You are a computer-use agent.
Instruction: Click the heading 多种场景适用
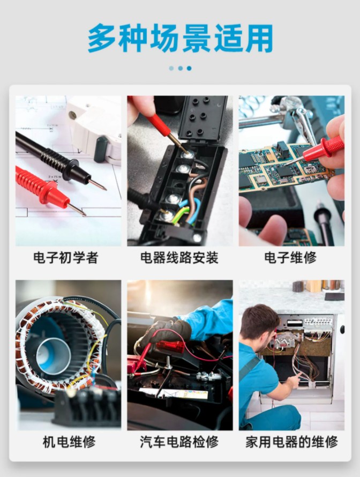point(180,39)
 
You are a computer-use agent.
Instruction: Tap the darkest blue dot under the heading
point(189,69)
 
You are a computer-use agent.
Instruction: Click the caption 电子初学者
point(66,258)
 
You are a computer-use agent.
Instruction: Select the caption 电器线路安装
point(179,258)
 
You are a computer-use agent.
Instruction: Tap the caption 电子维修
point(290,258)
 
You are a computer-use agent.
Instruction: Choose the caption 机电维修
point(69,442)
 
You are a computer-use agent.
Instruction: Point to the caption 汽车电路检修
point(179,442)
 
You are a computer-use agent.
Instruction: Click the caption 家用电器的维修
point(291,442)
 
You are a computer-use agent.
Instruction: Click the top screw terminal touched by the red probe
point(188,154)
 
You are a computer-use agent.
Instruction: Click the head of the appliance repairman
point(259,323)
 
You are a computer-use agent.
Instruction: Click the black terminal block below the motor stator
point(88,406)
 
